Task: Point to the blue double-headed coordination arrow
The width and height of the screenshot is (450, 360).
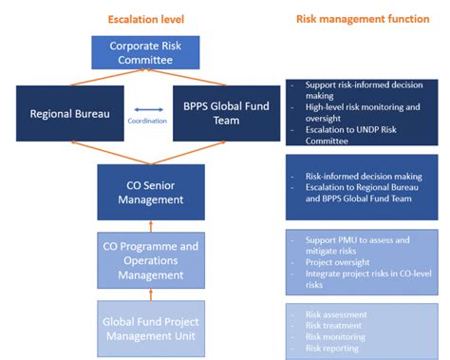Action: click(141, 108)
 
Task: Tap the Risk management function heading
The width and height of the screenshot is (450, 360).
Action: click(363, 18)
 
